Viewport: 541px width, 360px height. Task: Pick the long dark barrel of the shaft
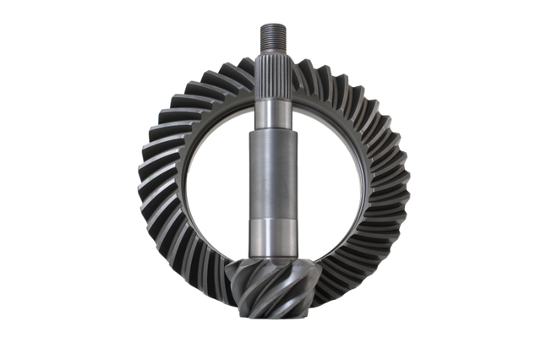pos(271,173)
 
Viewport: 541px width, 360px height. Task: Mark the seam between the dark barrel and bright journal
pos(271,219)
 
